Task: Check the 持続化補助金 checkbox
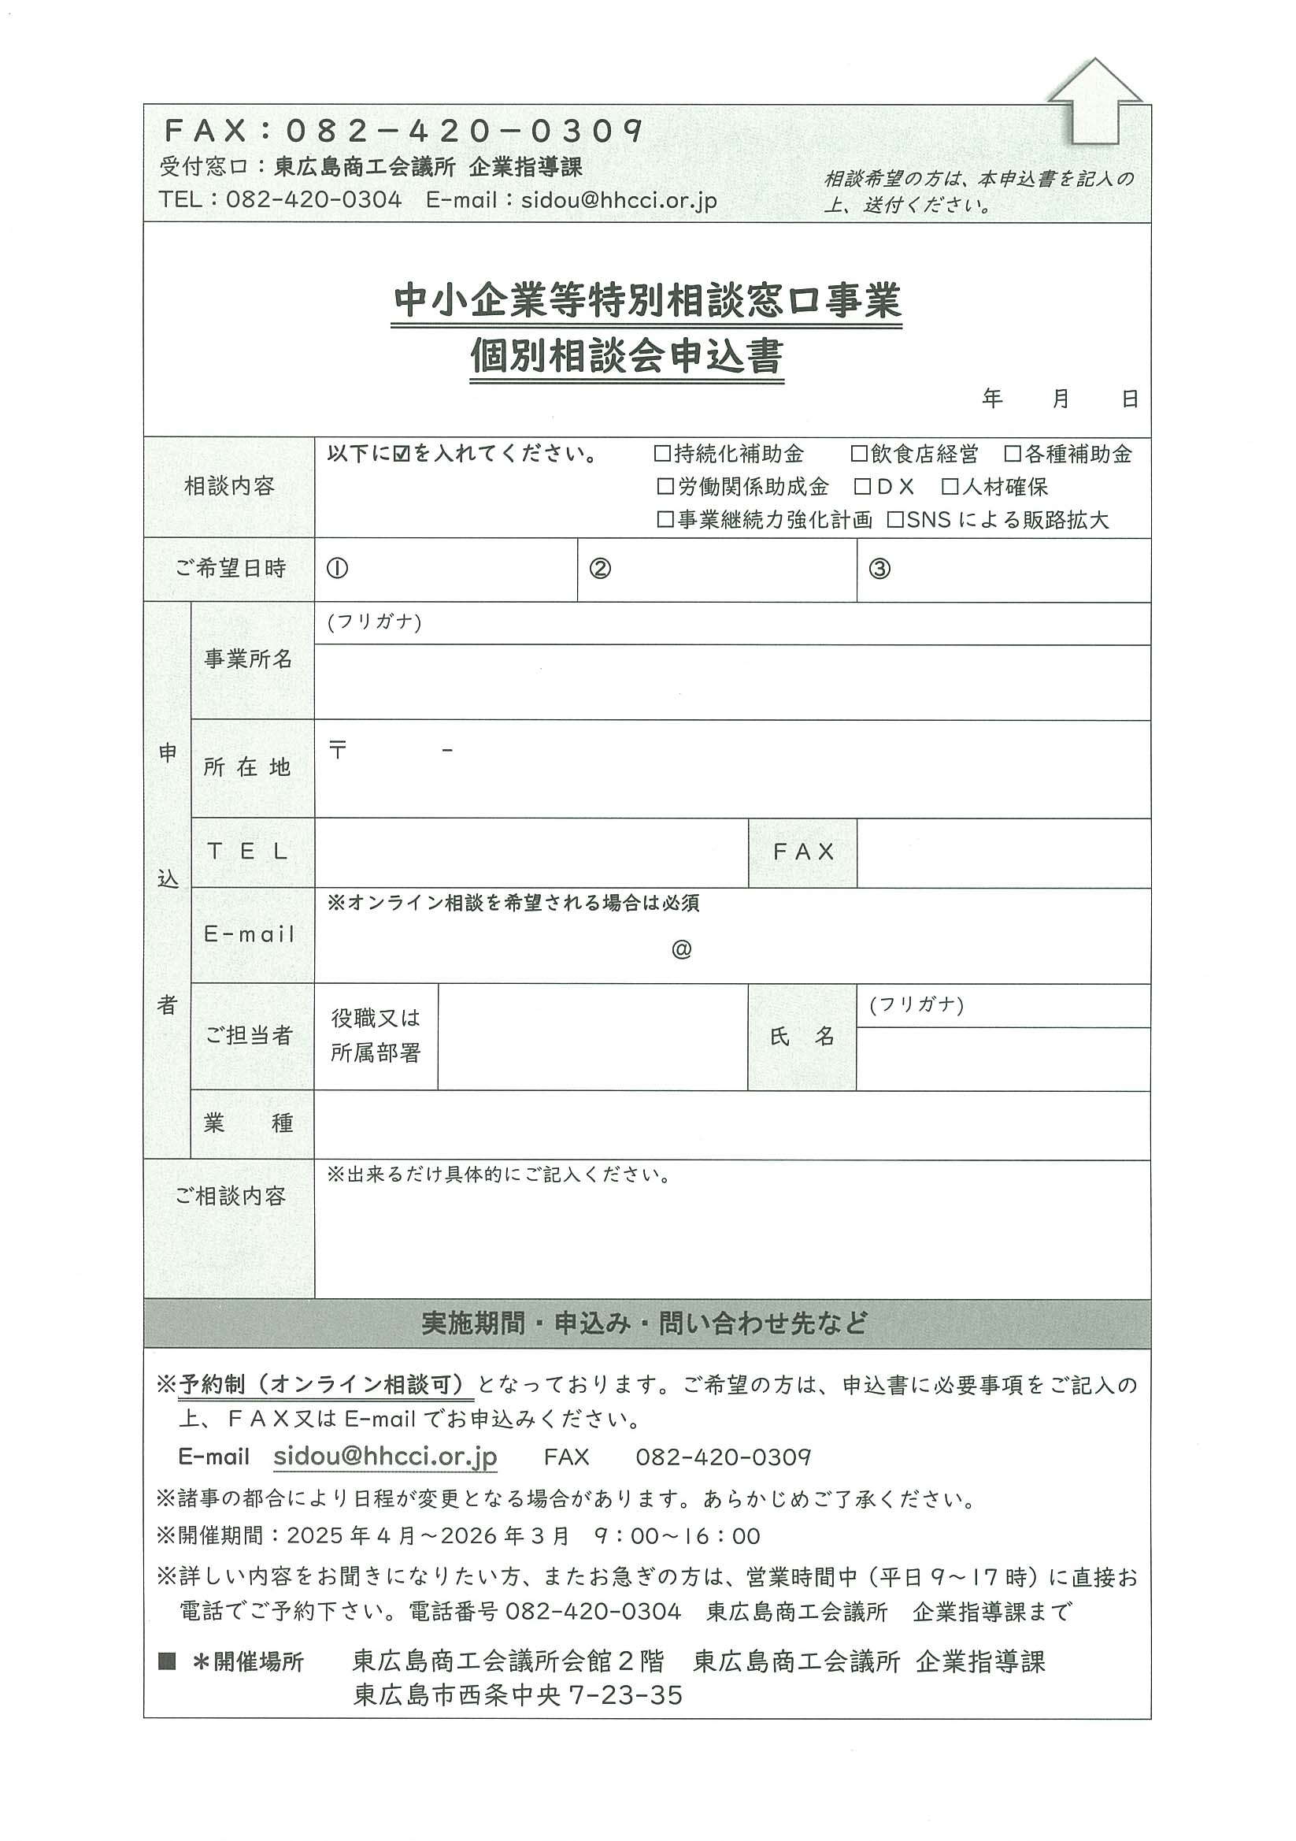click(662, 454)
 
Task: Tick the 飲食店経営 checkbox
click(859, 454)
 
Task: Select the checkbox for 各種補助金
click(1013, 454)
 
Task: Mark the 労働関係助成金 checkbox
click(665, 487)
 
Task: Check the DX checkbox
click(862, 487)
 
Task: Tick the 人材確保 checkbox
click(950, 487)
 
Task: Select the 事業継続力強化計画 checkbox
click(665, 520)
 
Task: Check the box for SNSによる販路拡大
click(895, 520)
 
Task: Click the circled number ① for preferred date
click(338, 569)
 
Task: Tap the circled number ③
click(879, 569)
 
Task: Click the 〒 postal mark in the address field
click(338, 750)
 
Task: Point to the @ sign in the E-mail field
click(681, 950)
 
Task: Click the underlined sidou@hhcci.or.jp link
click(385, 1456)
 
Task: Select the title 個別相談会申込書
click(626, 356)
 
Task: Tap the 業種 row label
click(249, 1123)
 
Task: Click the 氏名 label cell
click(802, 1036)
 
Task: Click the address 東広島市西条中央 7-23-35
click(518, 1696)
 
